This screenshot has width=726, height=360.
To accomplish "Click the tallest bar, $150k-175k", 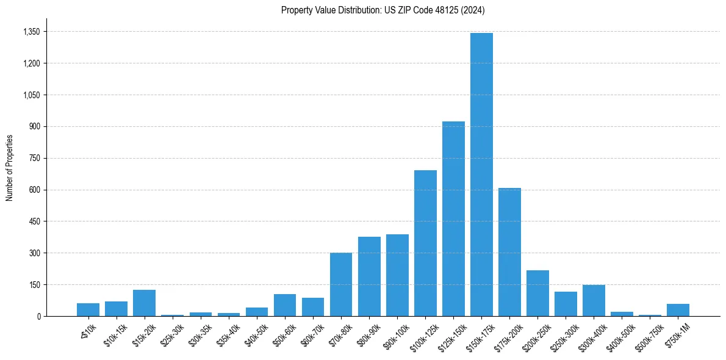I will (481, 175).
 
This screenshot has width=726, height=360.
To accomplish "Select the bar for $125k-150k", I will (453, 218).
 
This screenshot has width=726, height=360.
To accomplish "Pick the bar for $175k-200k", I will (509, 252).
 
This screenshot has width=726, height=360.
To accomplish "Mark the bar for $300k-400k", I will (594, 301).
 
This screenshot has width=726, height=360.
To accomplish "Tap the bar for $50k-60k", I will (285, 305).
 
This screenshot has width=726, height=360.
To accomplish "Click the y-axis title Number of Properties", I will (10, 168).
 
